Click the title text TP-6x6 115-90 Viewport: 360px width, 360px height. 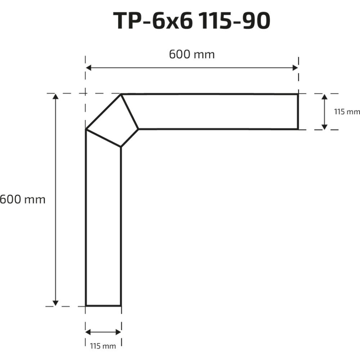tap(192, 21)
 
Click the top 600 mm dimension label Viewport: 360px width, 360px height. tap(192, 55)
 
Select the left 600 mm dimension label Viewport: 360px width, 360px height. tap(22, 199)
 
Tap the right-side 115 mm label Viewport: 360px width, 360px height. tap(347, 112)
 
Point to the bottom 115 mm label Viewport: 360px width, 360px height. tap(103, 346)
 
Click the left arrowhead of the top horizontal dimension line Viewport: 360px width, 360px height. tap(89, 68)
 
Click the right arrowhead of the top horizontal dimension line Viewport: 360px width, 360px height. tap(295, 68)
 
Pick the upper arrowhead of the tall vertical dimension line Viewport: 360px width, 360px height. tap(55, 96)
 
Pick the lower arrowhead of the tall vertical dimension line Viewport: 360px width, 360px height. tap(55, 303)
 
